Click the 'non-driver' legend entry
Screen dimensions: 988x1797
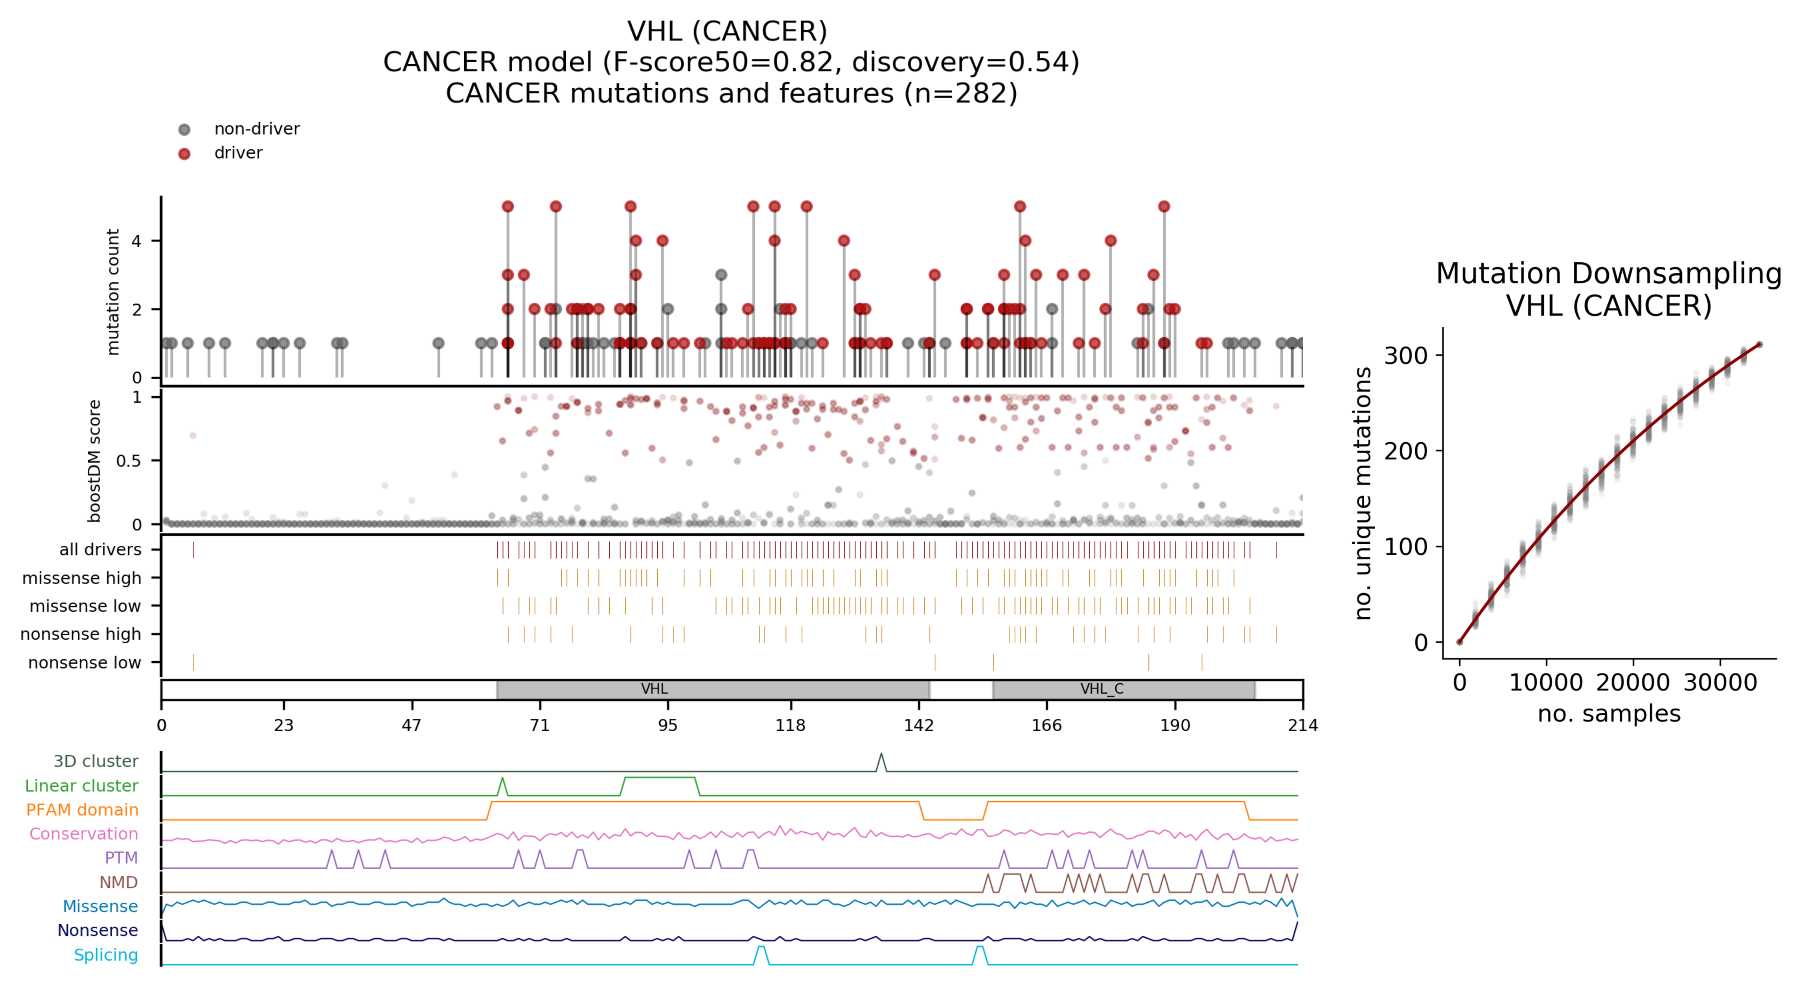[256, 129]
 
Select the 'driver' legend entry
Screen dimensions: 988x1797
[238, 153]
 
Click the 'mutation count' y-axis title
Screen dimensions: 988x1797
[112, 292]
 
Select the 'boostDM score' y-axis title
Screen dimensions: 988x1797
[94, 460]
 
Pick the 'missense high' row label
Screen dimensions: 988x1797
[82, 578]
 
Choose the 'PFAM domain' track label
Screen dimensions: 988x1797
[82, 810]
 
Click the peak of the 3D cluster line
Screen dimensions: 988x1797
[881, 754]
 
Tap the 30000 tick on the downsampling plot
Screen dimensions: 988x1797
[1720, 683]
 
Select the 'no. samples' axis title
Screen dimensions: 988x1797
[1609, 714]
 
